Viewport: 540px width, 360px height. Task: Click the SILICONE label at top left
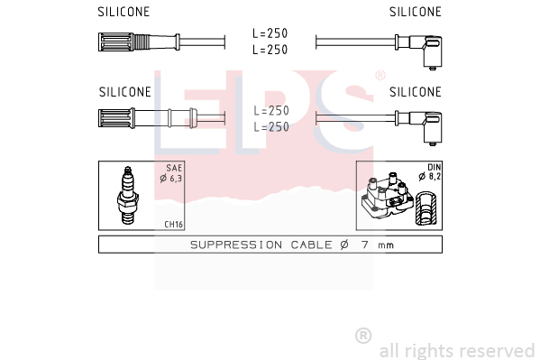[x=124, y=12]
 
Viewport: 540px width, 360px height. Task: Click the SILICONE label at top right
[x=416, y=12]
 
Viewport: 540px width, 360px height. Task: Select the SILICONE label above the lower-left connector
[x=125, y=92]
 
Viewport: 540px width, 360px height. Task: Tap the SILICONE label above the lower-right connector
[x=416, y=92]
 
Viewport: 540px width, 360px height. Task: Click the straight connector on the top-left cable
[x=139, y=42]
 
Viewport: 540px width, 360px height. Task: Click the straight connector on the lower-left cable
[x=148, y=118]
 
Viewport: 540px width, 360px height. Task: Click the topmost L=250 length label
[x=270, y=33]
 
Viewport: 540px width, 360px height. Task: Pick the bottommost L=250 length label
[x=271, y=127]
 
